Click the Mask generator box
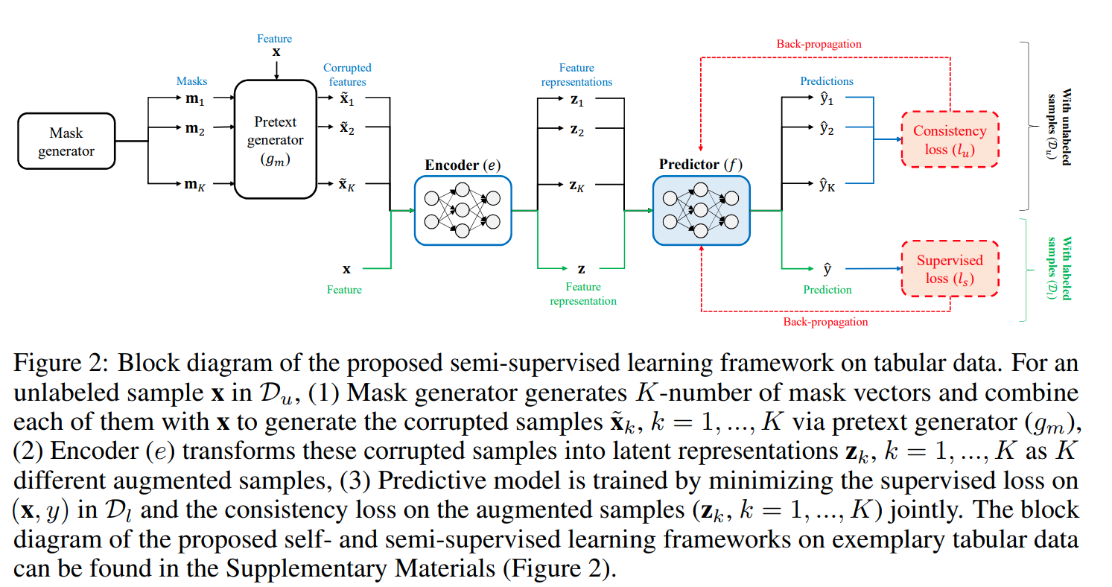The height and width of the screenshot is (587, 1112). tap(66, 140)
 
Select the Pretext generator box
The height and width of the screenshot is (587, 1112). tap(276, 140)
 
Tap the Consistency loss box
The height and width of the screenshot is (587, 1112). tap(950, 139)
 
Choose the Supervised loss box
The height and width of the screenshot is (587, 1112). tap(950, 269)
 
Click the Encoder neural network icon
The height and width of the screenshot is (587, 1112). tap(463, 210)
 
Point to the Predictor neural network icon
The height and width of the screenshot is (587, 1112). tap(701, 210)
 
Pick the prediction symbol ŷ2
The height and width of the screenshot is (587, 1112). tap(827, 128)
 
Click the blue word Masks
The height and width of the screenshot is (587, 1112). tap(191, 80)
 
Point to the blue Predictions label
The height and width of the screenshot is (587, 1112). tap(827, 80)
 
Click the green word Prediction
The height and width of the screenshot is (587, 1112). tap(827, 289)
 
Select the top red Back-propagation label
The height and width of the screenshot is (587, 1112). tap(819, 44)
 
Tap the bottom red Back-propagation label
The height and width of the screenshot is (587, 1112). tap(825, 322)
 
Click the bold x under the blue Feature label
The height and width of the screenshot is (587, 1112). tap(276, 52)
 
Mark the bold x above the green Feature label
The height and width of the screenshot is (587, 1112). tap(346, 269)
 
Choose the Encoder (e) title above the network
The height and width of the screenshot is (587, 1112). tap(463, 165)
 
